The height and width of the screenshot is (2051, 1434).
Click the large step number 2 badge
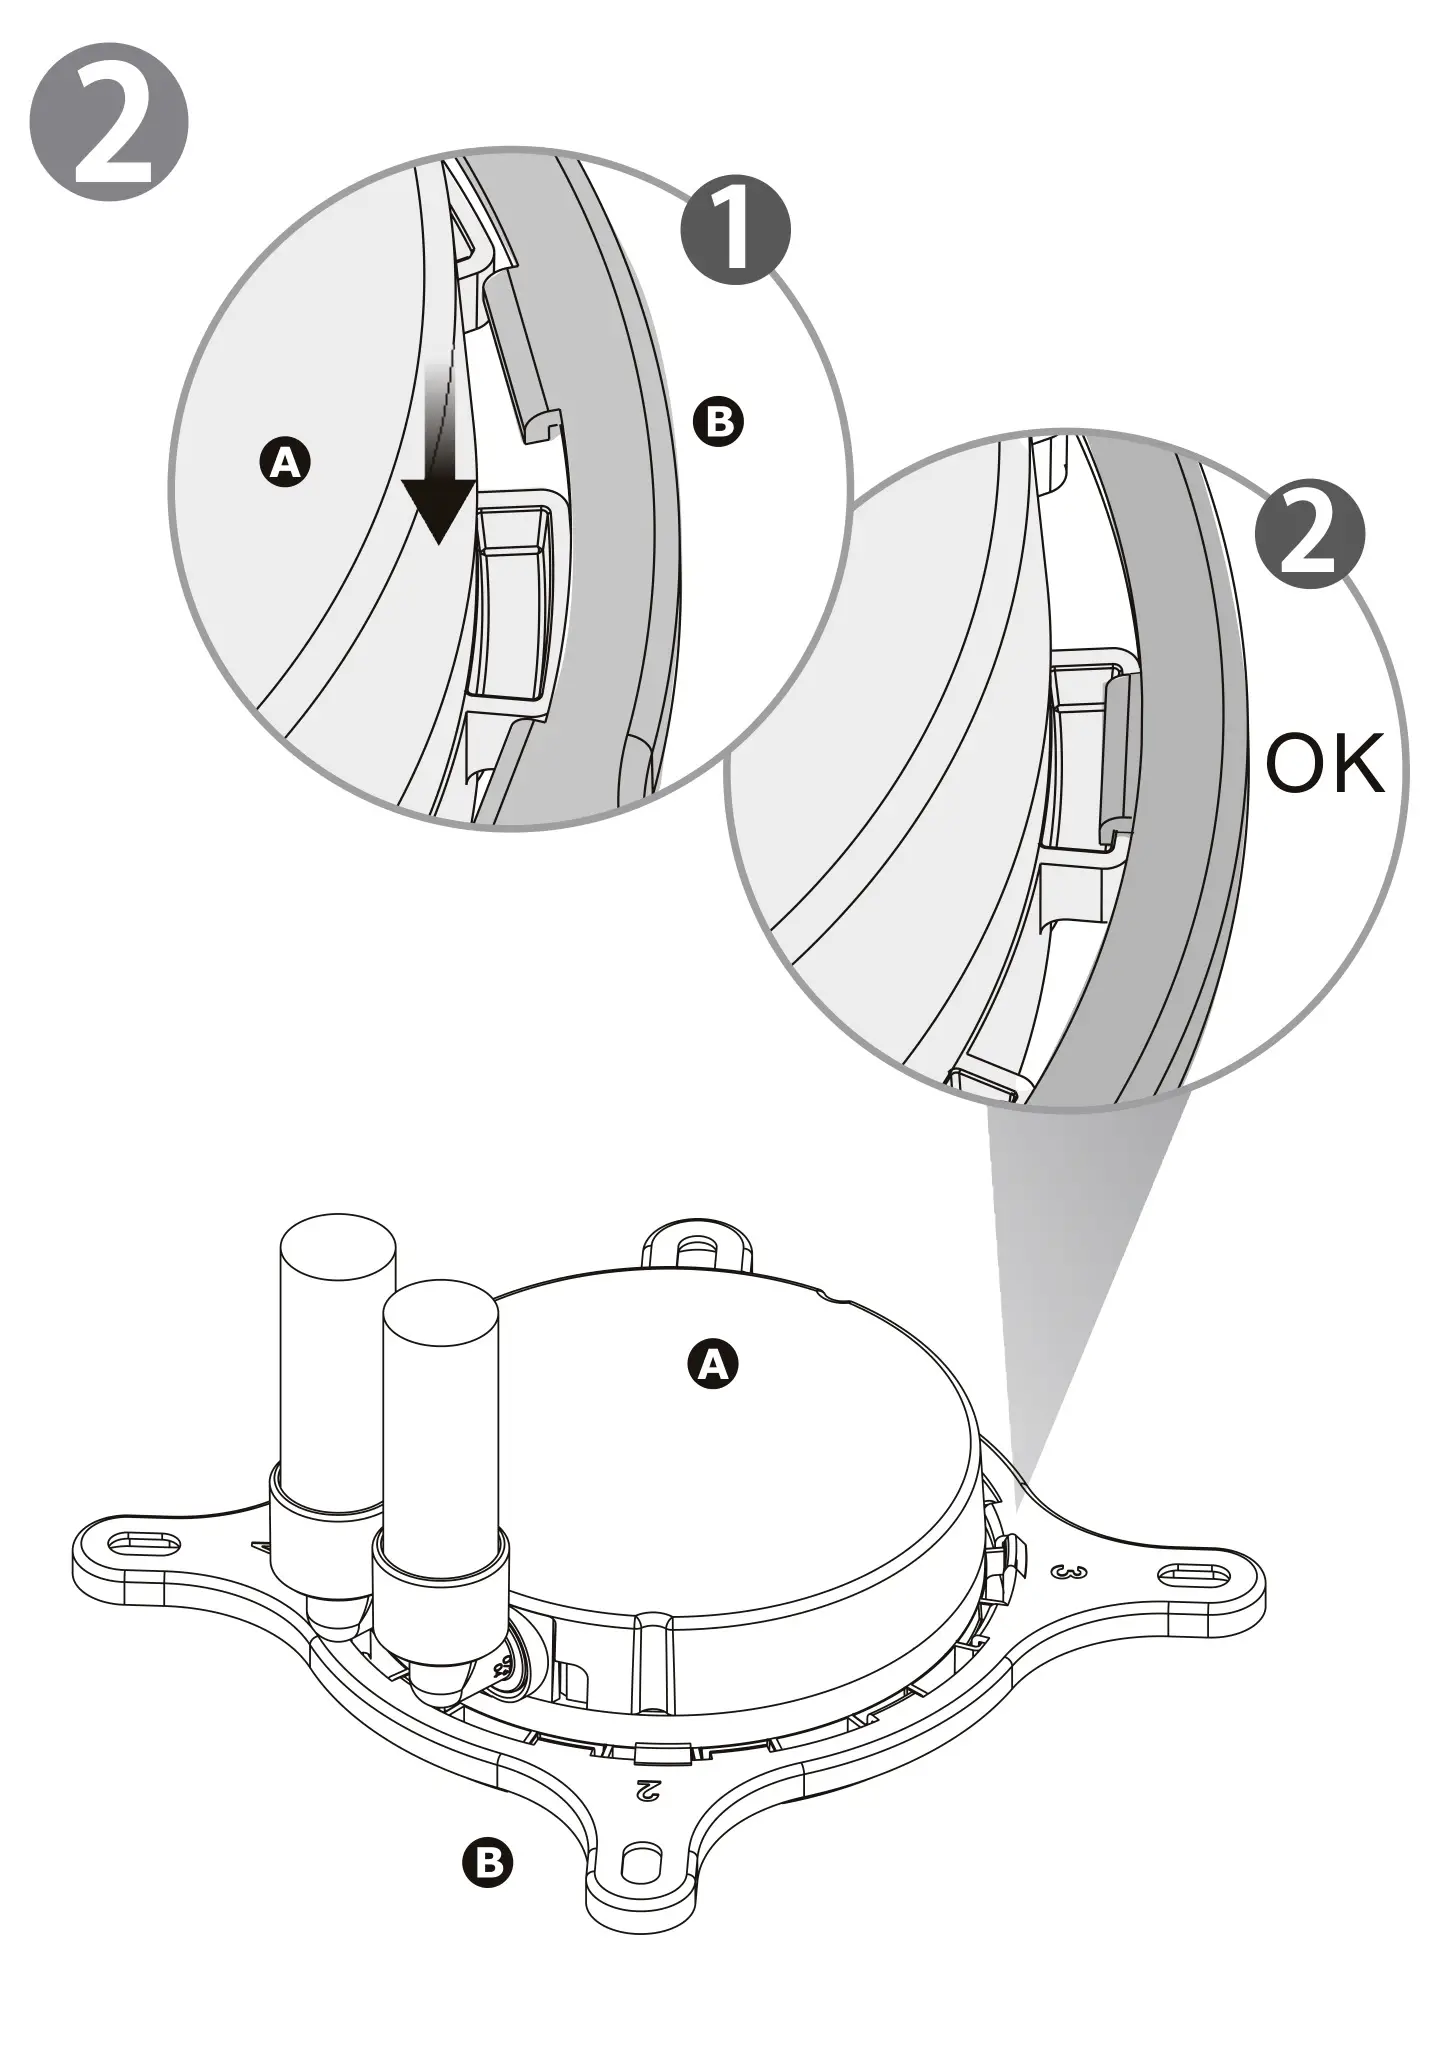[109, 121]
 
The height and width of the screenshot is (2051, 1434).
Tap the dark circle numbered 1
[735, 231]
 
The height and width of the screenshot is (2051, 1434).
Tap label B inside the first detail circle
[718, 421]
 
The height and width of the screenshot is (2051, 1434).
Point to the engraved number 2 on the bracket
[647, 1788]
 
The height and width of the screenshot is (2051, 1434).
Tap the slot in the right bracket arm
[1191, 1575]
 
